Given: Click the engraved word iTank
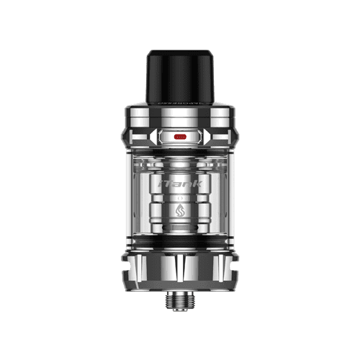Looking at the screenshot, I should pyautogui.click(x=179, y=184).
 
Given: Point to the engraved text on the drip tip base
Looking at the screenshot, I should pyautogui.click(x=179, y=102).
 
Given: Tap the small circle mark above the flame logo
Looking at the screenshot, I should pyautogui.click(x=179, y=197).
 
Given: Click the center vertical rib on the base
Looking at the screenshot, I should pyautogui.click(x=179, y=271).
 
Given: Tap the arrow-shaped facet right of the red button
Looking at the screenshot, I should pyautogui.click(x=207, y=135).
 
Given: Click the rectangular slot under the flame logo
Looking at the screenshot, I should pyautogui.click(x=179, y=224).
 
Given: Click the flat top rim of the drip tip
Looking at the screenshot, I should pyautogui.click(x=179, y=52).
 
